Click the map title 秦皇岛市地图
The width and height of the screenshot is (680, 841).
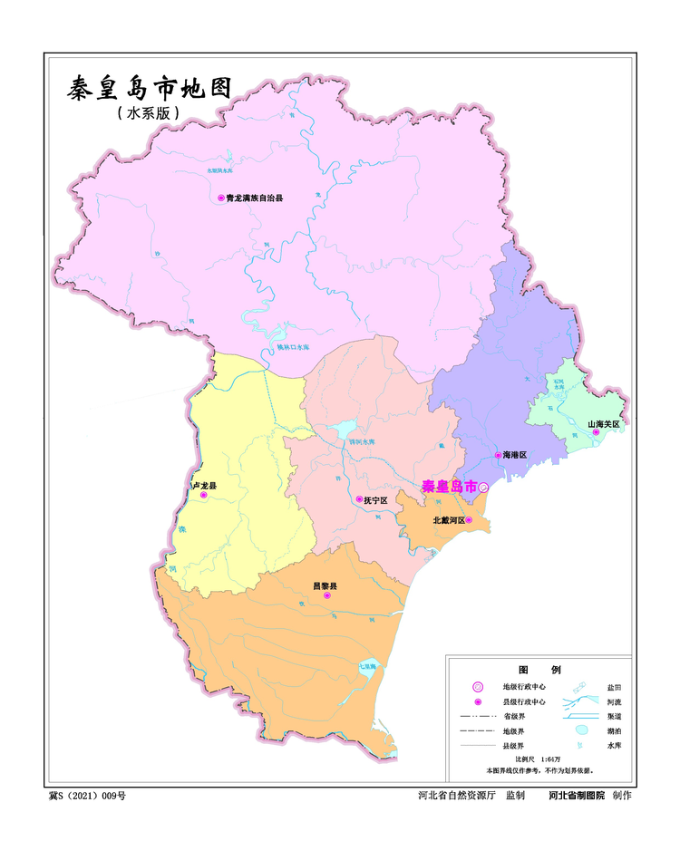[x=150, y=89]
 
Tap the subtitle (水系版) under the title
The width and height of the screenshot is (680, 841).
[x=149, y=114]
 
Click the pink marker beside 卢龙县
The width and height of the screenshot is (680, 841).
[x=204, y=496]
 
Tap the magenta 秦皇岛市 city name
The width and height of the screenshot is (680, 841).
[x=449, y=487]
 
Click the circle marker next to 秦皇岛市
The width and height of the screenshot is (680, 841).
[x=483, y=487]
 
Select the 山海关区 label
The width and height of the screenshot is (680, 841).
[x=602, y=423]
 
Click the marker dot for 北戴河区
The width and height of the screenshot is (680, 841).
[x=469, y=520]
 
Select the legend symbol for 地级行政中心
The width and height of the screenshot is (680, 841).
[x=479, y=688]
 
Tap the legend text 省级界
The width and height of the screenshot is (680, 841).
[x=517, y=716]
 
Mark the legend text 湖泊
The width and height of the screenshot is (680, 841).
[x=614, y=730]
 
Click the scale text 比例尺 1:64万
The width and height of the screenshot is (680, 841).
[x=539, y=759]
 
